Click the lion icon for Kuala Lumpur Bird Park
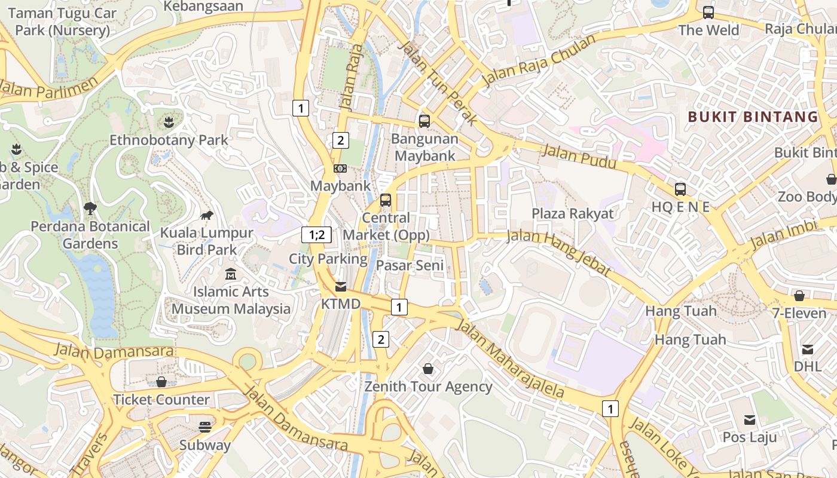207,215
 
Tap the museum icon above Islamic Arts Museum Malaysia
231,274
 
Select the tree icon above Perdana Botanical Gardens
90,209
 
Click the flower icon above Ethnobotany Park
169,122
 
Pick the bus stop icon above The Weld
708,12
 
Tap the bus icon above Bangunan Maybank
424,121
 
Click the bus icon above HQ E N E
680,189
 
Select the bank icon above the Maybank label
340,168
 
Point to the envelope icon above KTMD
341,286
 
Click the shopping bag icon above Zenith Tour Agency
428,369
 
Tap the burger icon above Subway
205,427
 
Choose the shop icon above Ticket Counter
161,381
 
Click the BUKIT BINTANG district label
753,117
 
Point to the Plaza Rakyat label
573,213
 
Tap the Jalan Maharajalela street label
511,359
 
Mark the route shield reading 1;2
316,235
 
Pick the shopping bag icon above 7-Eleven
799,295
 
